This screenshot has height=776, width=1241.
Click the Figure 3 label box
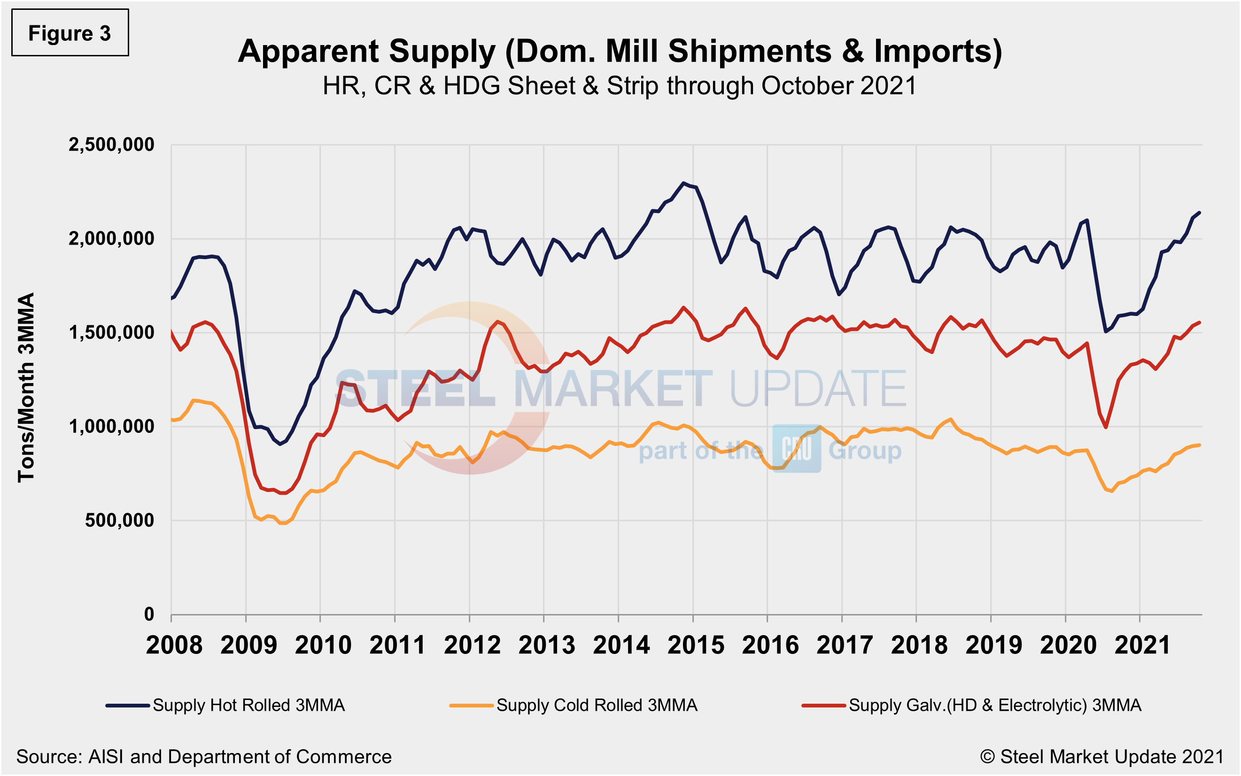(70, 33)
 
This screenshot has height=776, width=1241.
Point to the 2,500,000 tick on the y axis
(111, 145)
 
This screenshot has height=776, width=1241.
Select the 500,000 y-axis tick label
(119, 521)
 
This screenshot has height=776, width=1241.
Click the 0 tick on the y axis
(149, 615)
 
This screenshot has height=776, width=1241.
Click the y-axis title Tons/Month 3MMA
(26, 387)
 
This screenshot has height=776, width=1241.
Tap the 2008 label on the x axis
(174, 645)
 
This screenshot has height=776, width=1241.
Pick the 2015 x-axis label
(696, 645)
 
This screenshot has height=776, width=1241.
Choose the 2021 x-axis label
(1142, 645)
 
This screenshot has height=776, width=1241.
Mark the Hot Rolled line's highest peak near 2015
(683, 183)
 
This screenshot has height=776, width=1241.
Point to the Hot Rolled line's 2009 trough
(280, 444)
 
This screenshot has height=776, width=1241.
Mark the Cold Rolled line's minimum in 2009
(282, 523)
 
